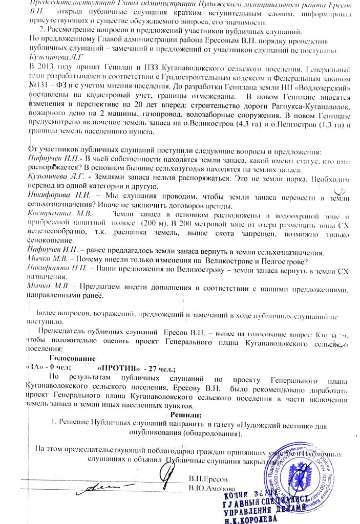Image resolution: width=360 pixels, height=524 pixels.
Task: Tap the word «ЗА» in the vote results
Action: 33,368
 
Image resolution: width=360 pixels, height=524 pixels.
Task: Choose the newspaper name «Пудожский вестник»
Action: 279,424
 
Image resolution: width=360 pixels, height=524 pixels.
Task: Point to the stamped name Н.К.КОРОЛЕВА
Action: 245,518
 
